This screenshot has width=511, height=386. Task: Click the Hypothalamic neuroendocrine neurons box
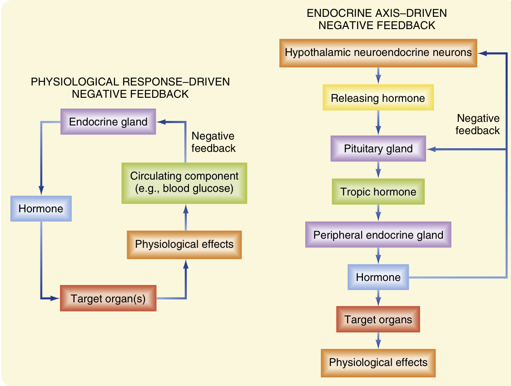click(x=378, y=53)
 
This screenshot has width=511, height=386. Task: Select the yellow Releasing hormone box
click(x=378, y=98)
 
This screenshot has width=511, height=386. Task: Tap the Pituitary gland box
click(x=378, y=149)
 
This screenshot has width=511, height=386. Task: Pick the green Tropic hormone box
click(x=378, y=191)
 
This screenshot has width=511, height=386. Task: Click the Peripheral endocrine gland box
click(x=378, y=235)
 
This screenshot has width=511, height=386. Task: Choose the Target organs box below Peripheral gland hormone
click(x=378, y=320)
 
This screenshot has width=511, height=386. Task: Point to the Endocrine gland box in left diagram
click(x=108, y=122)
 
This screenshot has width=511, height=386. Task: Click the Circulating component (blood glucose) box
click(x=184, y=182)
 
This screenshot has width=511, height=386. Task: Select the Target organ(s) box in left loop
click(x=108, y=299)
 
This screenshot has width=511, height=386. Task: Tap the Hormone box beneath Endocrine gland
click(x=41, y=209)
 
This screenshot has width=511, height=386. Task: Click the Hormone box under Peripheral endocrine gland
click(x=378, y=277)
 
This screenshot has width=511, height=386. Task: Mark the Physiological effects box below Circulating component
click(x=184, y=245)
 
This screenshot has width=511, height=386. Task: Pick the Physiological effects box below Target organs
click(x=378, y=362)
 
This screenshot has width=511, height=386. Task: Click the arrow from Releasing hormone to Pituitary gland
click(x=378, y=123)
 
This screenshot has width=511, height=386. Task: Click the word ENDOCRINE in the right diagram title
click(x=335, y=14)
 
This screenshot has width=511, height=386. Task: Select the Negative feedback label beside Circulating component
click(x=213, y=142)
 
